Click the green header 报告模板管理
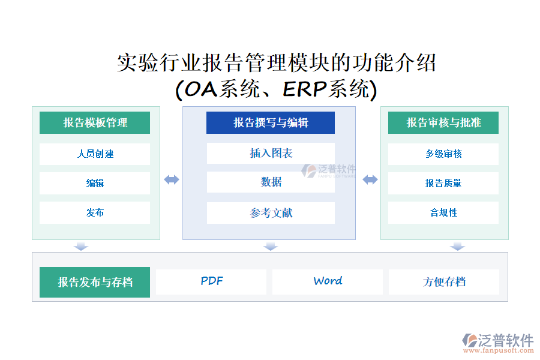95,122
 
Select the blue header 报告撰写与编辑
271,122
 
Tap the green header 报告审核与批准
443,122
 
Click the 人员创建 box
95,154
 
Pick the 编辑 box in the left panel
95,183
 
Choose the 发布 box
95,212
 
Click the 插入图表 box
271,153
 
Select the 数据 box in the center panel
271,182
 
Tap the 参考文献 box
271,213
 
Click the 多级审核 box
443,154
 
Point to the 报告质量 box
443,183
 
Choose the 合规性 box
443,212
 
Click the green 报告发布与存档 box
95,282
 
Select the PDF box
211,281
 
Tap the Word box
328,281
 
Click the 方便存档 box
444,281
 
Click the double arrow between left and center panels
172,179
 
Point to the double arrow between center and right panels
370,179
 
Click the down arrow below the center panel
271,246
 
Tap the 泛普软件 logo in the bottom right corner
497,343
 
